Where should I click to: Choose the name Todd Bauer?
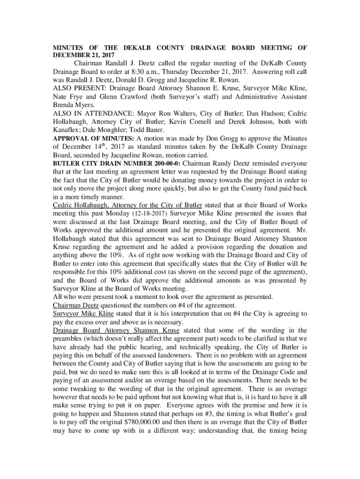coord(146,130)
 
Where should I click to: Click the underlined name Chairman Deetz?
coord(76,305)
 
